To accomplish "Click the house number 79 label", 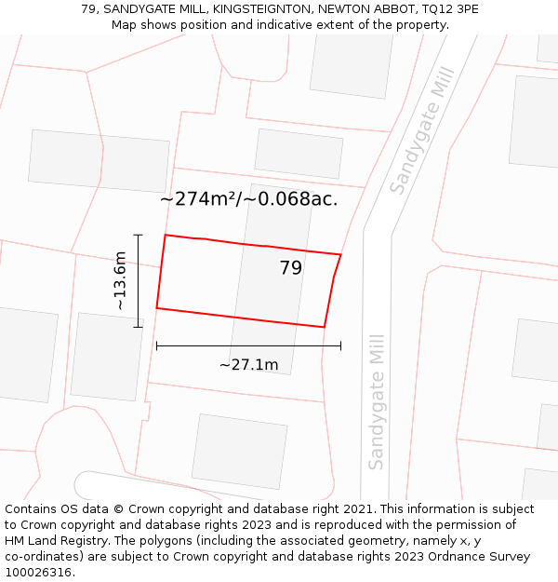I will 291,268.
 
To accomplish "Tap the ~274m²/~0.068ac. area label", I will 248,198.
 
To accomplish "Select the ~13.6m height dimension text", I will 120,280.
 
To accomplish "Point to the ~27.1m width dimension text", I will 248,364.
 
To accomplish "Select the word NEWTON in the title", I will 343,9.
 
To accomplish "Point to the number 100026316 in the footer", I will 38,572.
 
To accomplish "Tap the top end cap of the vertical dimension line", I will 138,235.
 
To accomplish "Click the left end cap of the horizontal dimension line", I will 156,345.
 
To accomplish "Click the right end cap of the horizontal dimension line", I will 340,345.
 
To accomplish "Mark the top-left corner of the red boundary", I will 166,235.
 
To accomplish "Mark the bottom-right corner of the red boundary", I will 324,327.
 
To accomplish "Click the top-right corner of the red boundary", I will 340,254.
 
